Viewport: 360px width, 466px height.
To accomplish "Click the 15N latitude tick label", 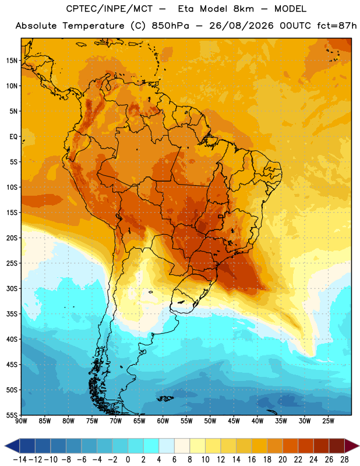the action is tap(12, 61).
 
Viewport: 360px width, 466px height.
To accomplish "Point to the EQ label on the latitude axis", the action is tap(13, 137).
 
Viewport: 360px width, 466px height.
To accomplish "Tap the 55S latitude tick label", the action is tap(12, 415).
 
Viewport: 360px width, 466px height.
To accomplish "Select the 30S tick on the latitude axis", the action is tap(12, 288).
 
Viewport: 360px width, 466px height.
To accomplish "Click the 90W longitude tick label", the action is tap(22, 421).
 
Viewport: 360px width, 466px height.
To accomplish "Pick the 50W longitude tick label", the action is tap(210, 421).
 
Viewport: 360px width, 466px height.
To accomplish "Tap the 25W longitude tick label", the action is tap(328, 421).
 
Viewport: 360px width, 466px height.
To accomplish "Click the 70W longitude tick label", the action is tap(116, 421).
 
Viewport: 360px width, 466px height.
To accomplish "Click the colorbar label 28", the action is tap(344, 460).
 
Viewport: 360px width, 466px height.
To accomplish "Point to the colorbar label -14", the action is tap(20, 460).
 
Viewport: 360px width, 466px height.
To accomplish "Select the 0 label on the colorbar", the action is tap(128, 460).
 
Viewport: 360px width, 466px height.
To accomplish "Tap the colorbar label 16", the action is tap(252, 460).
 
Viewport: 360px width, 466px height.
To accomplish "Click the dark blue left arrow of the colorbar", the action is tap(12, 446).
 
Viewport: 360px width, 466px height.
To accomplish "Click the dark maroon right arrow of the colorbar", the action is tap(352, 446).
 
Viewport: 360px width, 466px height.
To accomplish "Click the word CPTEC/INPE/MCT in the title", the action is tap(110, 9).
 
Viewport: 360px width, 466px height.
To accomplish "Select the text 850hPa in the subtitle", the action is tap(170, 26).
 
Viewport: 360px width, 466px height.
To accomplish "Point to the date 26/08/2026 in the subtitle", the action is tap(241, 26).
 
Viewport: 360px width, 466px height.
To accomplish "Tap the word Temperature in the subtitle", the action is tap(93, 26).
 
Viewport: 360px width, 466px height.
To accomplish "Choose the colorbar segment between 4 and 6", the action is tap(167, 446).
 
